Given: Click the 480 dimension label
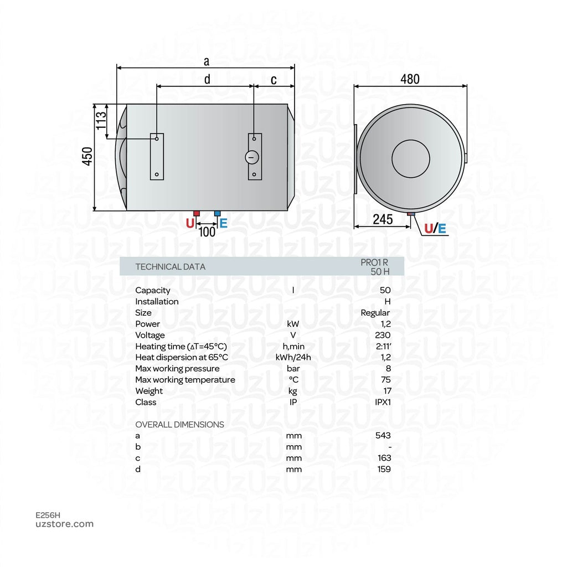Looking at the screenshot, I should click(410, 79).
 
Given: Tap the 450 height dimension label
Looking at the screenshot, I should click(87, 157).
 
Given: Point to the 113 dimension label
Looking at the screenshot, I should click(101, 120).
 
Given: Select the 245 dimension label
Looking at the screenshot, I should click(383, 219).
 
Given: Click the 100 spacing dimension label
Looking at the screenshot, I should click(207, 231).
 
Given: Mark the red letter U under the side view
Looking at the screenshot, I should click(190, 224).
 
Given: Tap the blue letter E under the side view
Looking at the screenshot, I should click(223, 224).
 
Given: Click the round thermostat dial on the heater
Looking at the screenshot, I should click(252, 157).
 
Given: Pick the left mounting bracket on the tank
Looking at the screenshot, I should click(157, 156).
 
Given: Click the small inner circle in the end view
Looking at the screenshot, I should click(410, 159).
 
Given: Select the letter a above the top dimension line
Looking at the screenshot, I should click(207, 60).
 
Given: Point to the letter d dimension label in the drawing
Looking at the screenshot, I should click(207, 79).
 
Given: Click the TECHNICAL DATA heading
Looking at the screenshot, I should click(170, 267).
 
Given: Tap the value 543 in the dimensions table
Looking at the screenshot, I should click(383, 436).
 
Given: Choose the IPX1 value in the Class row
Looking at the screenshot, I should click(383, 402).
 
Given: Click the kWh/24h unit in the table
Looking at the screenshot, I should click(293, 358).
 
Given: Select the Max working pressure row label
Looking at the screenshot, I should click(177, 369).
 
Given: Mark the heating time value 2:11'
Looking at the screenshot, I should click(383, 346).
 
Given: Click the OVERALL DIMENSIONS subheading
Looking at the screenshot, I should click(179, 425).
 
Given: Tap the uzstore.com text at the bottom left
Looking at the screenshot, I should click(64, 524).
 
